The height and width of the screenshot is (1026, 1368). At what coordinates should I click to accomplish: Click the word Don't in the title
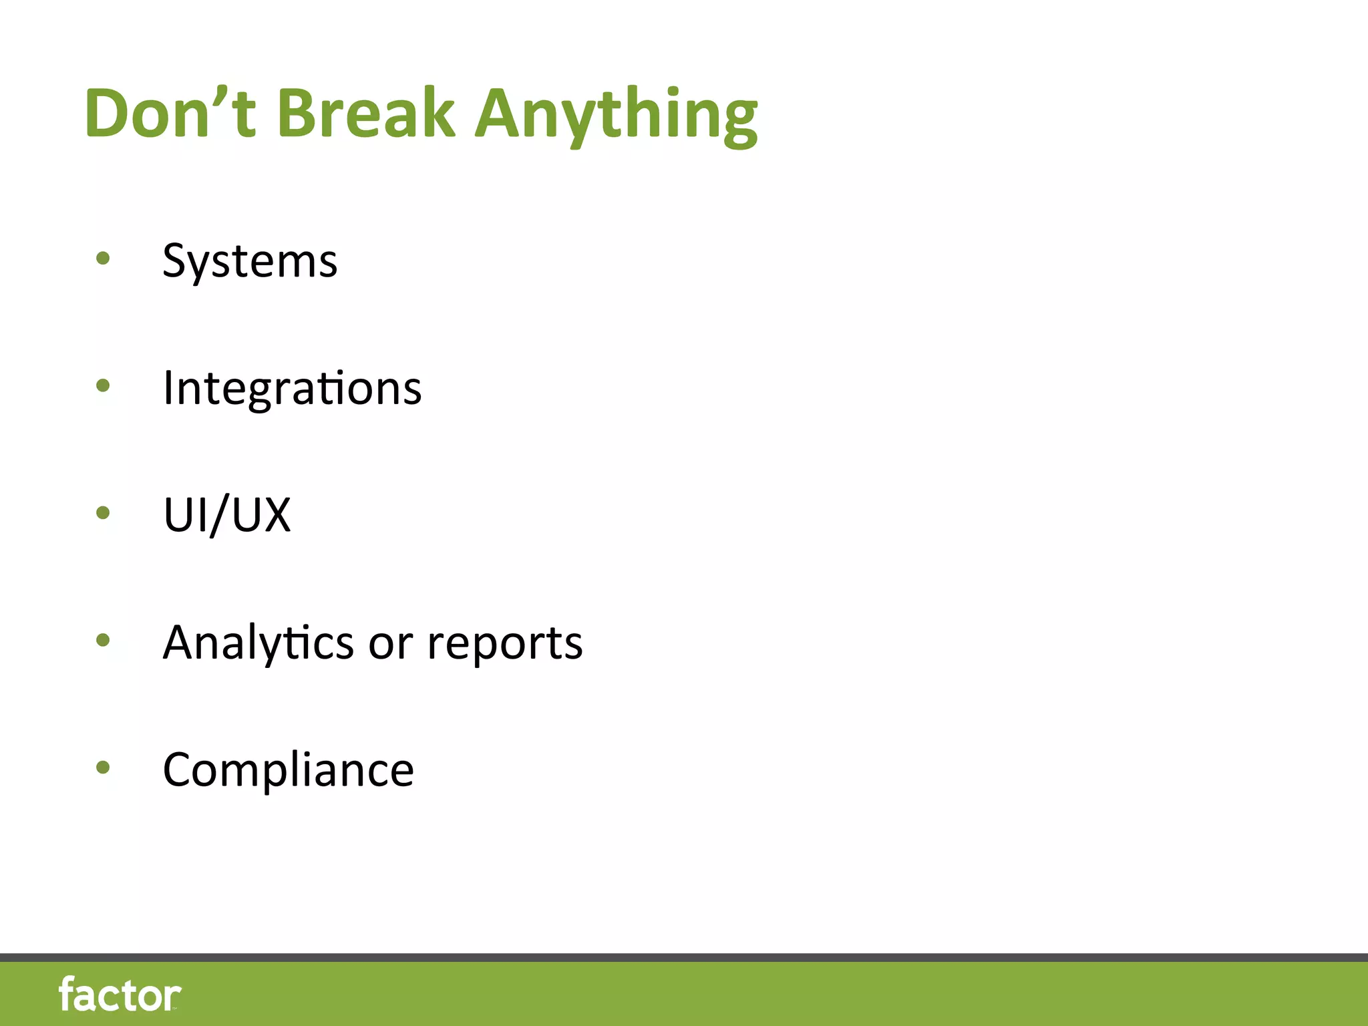(x=170, y=114)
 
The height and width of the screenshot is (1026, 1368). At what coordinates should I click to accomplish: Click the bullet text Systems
(x=250, y=261)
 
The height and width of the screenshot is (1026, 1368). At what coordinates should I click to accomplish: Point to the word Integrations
(x=292, y=388)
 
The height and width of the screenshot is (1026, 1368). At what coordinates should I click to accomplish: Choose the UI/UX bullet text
(x=227, y=515)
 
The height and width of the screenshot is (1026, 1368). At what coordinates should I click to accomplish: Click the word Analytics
(x=258, y=643)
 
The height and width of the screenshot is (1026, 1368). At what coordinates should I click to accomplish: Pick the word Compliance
(x=288, y=770)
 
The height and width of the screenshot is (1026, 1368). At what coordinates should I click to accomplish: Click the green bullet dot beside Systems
(x=103, y=258)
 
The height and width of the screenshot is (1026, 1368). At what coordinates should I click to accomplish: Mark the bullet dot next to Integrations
(x=103, y=385)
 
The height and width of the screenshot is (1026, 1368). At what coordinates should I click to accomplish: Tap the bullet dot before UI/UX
(x=103, y=513)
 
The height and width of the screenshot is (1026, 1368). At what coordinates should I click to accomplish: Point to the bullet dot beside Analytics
(x=103, y=641)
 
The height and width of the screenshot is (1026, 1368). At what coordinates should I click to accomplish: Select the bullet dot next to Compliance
(x=103, y=767)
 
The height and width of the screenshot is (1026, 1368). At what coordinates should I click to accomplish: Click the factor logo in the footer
(x=120, y=995)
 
